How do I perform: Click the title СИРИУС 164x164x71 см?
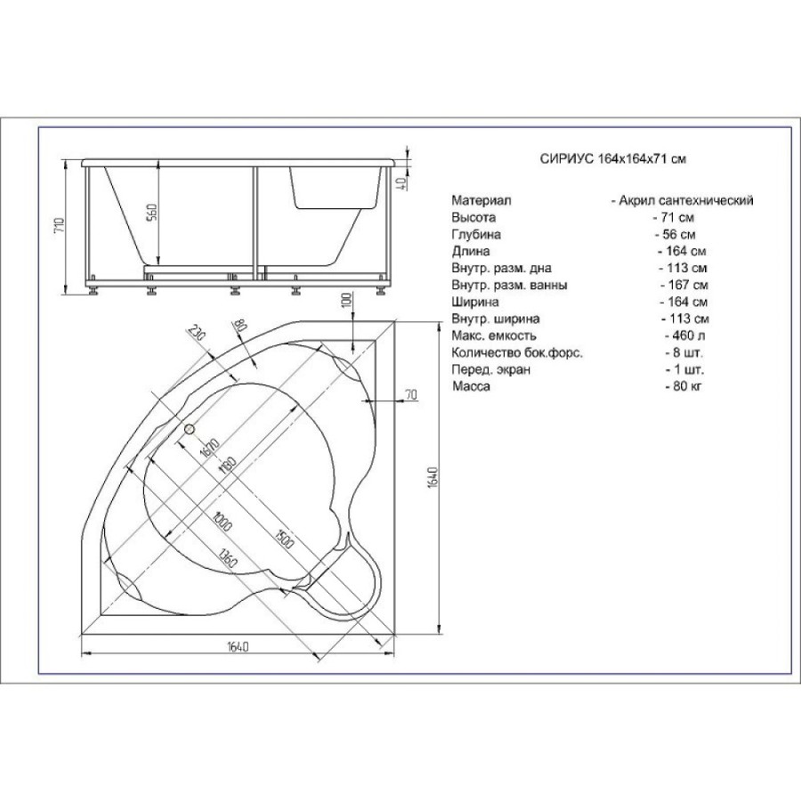(612, 159)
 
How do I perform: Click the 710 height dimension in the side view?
(60, 225)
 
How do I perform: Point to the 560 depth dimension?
(152, 213)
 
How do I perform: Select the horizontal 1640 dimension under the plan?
(238, 646)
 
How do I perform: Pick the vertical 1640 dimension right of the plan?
(433, 477)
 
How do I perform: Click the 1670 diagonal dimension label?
(210, 449)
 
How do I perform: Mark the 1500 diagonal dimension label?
(284, 539)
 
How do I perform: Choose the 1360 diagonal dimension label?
(227, 558)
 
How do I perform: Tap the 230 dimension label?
(196, 333)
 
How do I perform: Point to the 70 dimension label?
(411, 394)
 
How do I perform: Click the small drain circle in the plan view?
(190, 429)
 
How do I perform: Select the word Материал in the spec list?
(481, 200)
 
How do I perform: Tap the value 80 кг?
(684, 386)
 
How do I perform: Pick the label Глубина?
(476, 234)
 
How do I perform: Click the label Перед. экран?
(491, 369)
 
